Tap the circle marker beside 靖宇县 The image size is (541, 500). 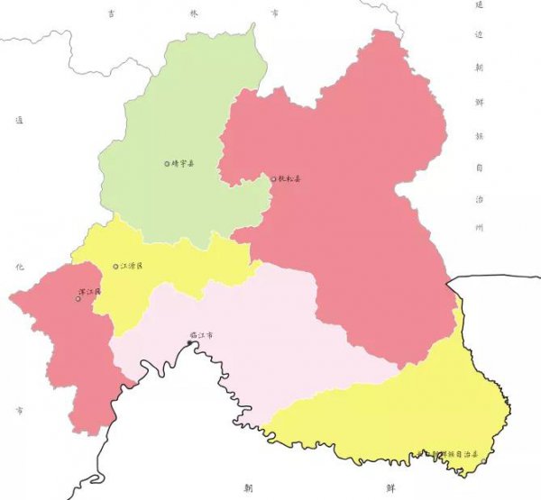[x=167, y=164]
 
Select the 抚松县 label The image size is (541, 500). [x=290, y=179]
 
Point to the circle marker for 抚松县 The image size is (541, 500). [x=274, y=179]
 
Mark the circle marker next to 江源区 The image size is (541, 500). [x=115, y=267]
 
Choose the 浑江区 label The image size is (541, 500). [x=91, y=293]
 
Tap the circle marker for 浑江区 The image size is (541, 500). [x=78, y=298]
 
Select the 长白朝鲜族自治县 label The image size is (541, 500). [x=460, y=453]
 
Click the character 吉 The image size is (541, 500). [x=112, y=14]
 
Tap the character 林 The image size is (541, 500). [x=193, y=14]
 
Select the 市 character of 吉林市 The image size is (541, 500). [x=274, y=14]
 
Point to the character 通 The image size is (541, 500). [x=19, y=119]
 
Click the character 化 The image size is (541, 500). [x=19, y=268]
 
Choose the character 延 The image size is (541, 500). [x=480, y=5]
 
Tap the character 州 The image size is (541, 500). [x=480, y=229]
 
